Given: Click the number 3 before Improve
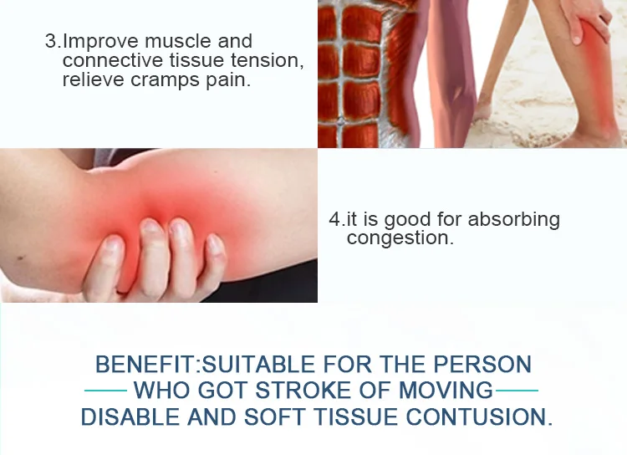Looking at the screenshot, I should [51, 42].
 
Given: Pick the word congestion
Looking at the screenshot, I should [400, 239].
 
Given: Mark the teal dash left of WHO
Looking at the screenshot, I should [106, 391].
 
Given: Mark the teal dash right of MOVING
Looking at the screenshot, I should [517, 391].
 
